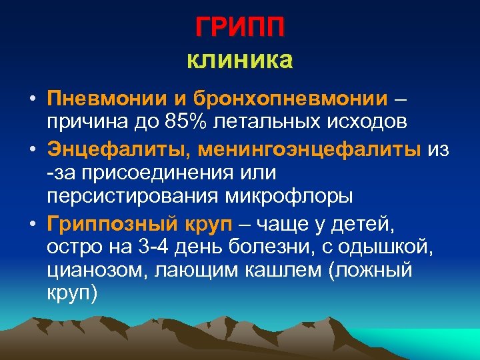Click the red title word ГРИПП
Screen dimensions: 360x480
[240, 28]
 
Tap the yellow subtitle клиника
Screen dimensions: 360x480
[240, 61]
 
